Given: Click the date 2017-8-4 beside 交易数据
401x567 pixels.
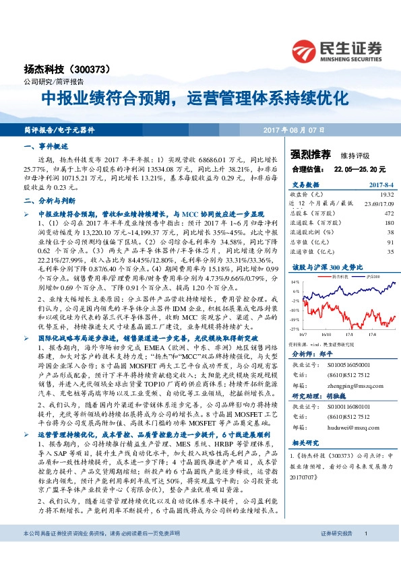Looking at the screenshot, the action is click(x=379, y=183).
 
